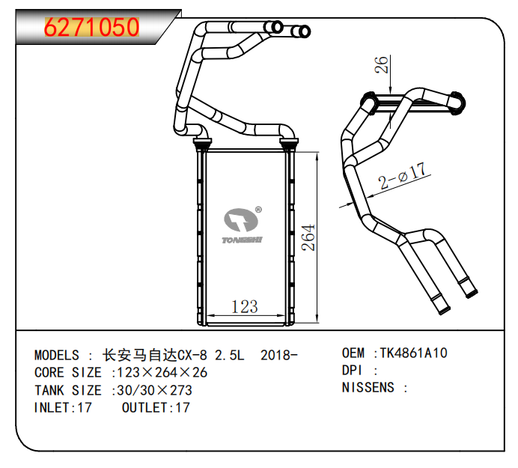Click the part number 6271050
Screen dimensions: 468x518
pyautogui.click(x=92, y=28)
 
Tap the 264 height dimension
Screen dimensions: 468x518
pyautogui.click(x=307, y=237)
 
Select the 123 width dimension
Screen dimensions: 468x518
pyautogui.click(x=244, y=306)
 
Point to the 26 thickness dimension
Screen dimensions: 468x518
pyautogui.click(x=383, y=65)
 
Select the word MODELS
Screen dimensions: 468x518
pyautogui.click(x=57, y=354)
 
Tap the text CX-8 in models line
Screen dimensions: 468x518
pyautogui.click(x=192, y=354)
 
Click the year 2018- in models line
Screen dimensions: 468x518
pyautogui.click(x=278, y=354)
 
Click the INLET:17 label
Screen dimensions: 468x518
pyautogui.click(x=63, y=408)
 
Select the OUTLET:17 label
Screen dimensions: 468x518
pyautogui.click(x=155, y=408)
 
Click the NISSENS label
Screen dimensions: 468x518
pyautogui.click(x=368, y=388)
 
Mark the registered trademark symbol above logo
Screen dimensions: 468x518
pyautogui.click(x=258, y=210)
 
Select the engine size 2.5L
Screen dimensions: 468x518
pyautogui.click(x=230, y=354)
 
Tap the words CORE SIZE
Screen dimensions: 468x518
pyautogui.click(x=68, y=372)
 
